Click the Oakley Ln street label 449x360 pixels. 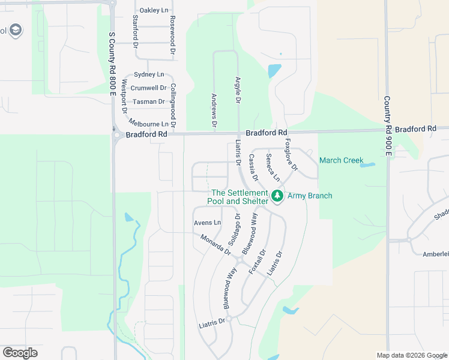point(154,11)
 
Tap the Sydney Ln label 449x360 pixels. point(148,74)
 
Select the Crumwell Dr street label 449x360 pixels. point(148,88)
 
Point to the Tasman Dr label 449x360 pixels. point(148,102)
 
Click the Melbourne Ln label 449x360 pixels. point(148,124)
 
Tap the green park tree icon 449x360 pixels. point(277,196)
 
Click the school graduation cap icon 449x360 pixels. point(16,31)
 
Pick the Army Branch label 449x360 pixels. point(310,196)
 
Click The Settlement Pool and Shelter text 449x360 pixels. point(238,197)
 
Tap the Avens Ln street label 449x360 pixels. point(207,223)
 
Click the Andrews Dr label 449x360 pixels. point(214,110)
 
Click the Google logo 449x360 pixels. point(20,353)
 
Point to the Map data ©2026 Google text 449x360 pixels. point(411,355)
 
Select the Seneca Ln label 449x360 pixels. point(273,168)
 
